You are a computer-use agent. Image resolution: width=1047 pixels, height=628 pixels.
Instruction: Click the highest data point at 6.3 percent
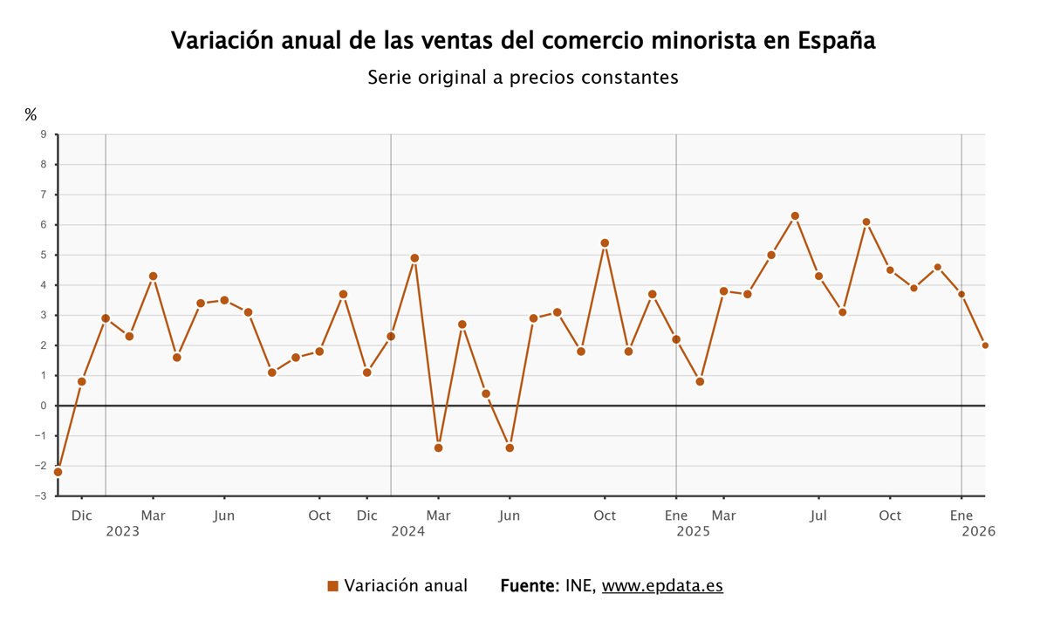pyautogui.click(x=795, y=215)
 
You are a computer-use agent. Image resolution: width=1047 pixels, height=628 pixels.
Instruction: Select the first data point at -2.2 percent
pyautogui.click(x=58, y=472)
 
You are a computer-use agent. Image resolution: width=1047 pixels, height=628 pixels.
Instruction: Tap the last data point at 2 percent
pyautogui.click(x=985, y=345)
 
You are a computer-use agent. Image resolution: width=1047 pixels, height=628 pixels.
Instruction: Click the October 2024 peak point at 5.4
pyautogui.click(x=605, y=242)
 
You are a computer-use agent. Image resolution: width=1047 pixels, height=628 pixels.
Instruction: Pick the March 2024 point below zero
pyautogui.click(x=438, y=447)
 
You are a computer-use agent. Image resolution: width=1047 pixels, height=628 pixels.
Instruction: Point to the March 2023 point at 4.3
pyautogui.click(x=153, y=276)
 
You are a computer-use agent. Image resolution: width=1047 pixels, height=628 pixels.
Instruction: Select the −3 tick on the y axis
pyautogui.click(x=40, y=496)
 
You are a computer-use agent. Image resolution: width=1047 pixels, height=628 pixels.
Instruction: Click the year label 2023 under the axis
pyautogui.click(x=122, y=530)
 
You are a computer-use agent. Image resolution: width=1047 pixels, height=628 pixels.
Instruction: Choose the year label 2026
pyautogui.click(x=978, y=530)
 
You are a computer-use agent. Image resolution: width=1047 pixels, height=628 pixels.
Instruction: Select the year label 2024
pyautogui.click(x=407, y=530)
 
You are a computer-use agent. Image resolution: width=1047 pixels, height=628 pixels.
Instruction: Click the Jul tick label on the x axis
pyautogui.click(x=818, y=515)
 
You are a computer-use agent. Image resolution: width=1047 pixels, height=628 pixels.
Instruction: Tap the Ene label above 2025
pyautogui.click(x=676, y=515)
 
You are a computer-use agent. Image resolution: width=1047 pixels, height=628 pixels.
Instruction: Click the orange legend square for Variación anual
pyautogui.click(x=332, y=586)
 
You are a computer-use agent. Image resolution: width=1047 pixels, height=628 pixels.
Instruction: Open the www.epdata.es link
pyautogui.click(x=662, y=585)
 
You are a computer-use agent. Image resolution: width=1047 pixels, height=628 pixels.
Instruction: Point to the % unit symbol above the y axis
pyautogui.click(x=31, y=114)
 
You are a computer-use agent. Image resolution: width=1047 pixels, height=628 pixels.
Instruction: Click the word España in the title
pyautogui.click(x=837, y=41)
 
